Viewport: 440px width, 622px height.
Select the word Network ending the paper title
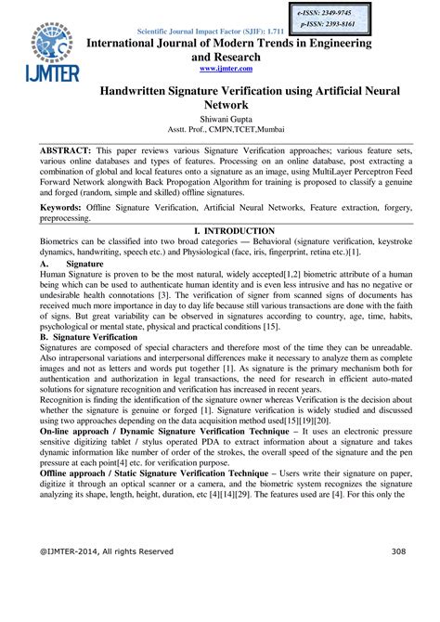point(225,107)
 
